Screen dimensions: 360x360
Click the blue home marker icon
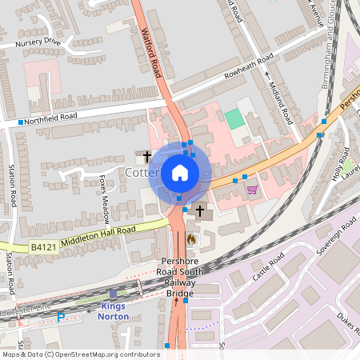180,173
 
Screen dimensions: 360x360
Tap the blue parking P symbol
61,318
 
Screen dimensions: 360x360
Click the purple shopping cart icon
252,190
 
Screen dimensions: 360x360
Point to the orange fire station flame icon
190,238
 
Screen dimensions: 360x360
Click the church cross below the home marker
199,212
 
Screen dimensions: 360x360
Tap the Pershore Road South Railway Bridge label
180,277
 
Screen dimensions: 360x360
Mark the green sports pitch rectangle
234,119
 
